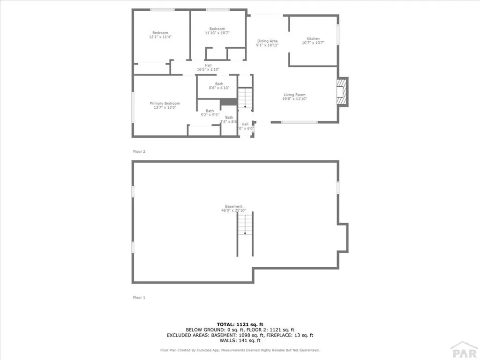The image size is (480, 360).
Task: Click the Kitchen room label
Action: tap(313, 38)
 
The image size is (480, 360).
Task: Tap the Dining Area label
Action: tap(267, 41)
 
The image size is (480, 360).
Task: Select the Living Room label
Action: tap(294, 95)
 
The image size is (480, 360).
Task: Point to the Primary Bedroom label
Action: tap(165, 103)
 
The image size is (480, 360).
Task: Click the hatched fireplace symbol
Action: tap(343, 91)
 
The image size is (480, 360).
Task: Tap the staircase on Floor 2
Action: tap(244, 99)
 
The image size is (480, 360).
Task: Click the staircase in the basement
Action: tap(245, 225)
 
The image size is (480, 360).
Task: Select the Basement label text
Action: tap(233, 206)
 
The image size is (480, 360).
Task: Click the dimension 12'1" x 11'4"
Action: tap(160, 37)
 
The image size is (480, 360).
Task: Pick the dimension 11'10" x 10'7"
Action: tap(217, 33)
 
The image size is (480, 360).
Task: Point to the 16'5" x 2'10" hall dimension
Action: tap(208, 69)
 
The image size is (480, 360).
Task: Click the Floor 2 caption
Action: tap(139, 151)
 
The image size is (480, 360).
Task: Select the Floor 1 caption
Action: tap(139, 297)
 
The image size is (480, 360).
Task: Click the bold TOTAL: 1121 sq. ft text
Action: tap(240, 324)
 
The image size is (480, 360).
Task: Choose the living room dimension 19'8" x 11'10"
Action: tap(294, 99)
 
